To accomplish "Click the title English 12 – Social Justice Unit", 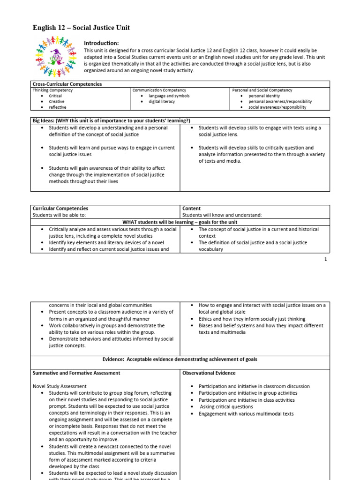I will (x=81, y=28).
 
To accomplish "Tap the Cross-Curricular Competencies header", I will (x=67, y=84).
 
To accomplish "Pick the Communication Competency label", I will (x=159, y=90).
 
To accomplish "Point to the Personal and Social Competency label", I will (x=262, y=90).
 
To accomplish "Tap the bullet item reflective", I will (x=57, y=107).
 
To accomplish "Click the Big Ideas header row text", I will (x=111, y=120).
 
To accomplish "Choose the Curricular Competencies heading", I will (x=60, y=208).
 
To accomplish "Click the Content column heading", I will (x=191, y=208).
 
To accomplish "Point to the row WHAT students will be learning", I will (x=180, y=222).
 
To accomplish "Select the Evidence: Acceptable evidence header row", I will (x=180, y=359).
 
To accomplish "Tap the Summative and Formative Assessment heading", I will (x=76, y=373).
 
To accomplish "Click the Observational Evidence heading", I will (x=209, y=373).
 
